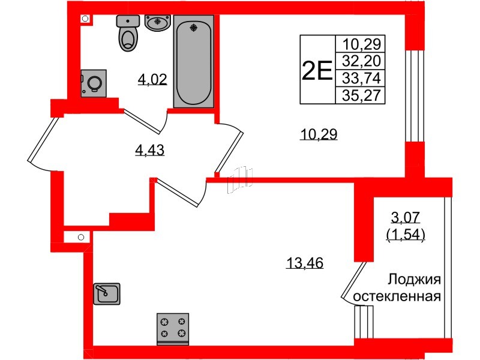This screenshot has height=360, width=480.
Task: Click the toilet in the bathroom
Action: [127, 34]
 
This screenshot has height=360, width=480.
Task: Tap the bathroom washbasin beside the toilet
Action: [158, 23]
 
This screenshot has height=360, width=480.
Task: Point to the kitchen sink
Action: [107, 294]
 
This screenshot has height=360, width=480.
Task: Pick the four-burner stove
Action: [173, 329]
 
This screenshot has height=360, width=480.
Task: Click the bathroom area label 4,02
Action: [152, 79]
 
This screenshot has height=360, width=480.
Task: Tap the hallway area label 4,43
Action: [150, 151]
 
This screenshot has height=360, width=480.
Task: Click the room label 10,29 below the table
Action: [319, 134]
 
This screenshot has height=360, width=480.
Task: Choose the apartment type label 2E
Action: [316, 71]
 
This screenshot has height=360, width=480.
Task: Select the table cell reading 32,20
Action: [363, 61]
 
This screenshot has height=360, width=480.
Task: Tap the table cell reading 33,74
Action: [363, 78]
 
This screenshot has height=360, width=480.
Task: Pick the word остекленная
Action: [398, 296]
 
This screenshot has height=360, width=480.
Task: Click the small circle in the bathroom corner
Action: [85, 19]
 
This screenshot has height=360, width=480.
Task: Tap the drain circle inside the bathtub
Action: [193, 27]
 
